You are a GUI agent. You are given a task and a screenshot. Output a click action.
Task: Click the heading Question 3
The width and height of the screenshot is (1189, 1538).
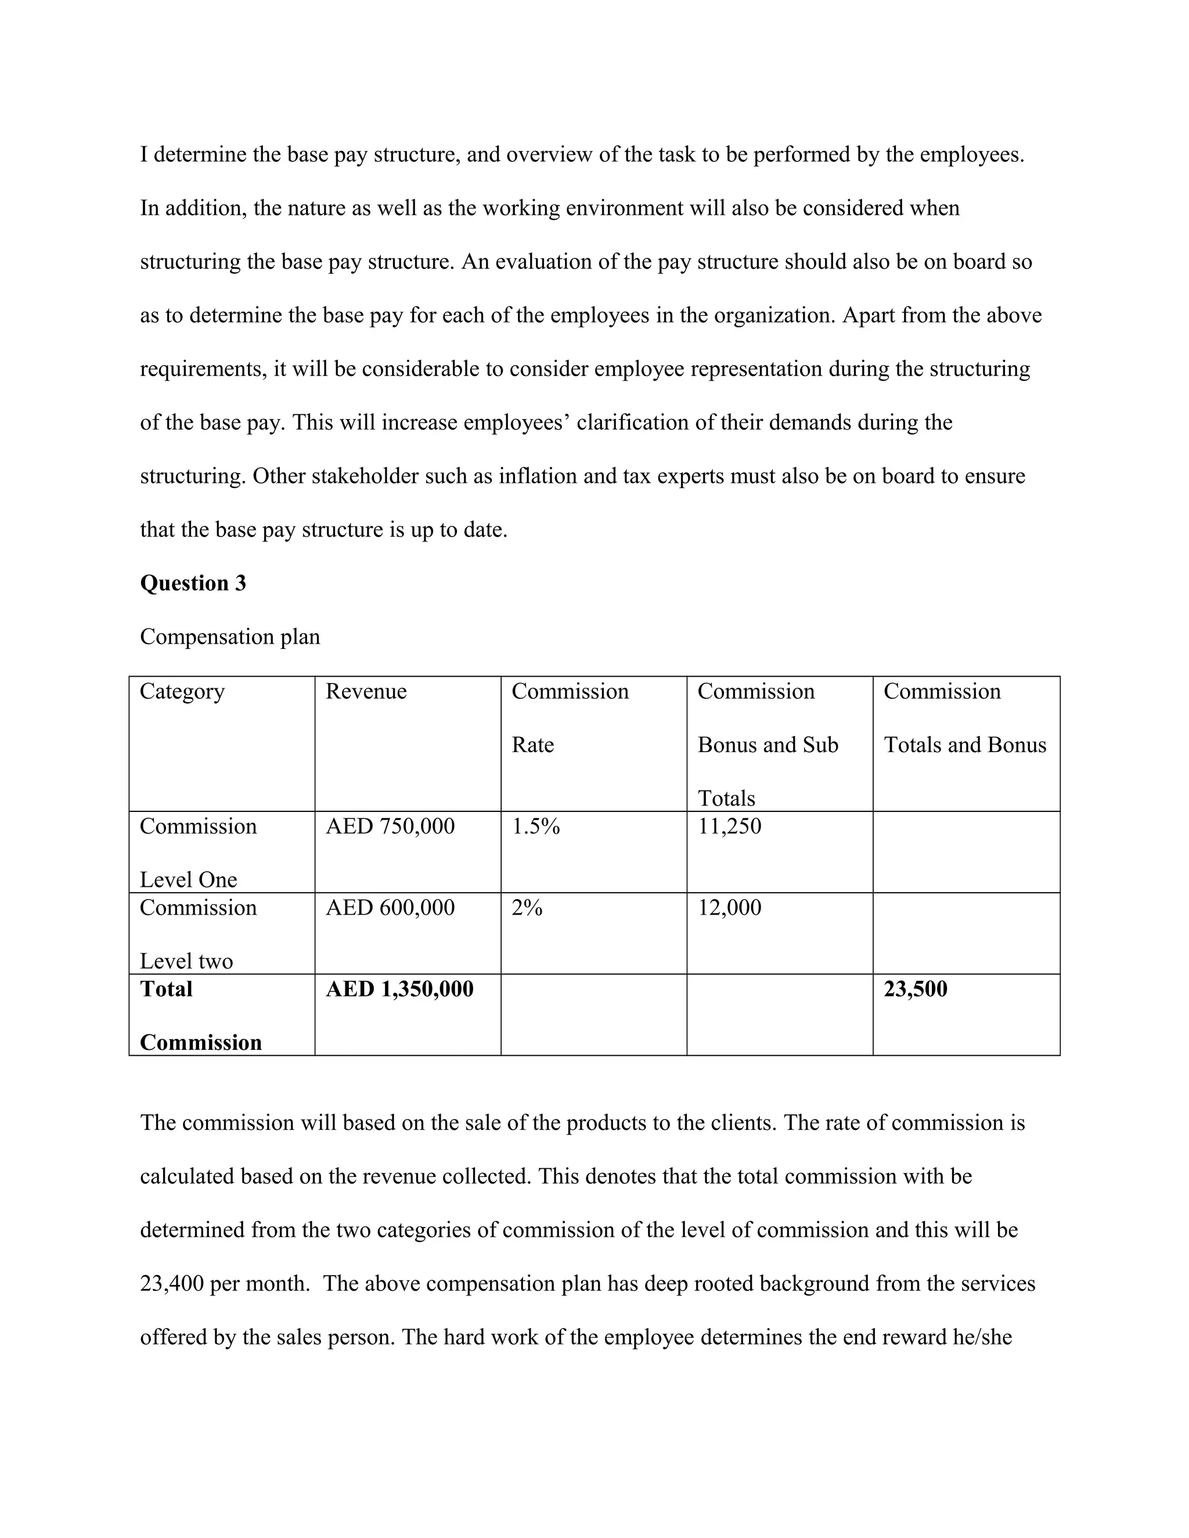point(193,583)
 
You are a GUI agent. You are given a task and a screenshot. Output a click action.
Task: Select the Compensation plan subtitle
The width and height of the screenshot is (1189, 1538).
point(230,637)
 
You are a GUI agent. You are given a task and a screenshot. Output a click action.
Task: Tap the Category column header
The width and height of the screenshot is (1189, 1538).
point(182,692)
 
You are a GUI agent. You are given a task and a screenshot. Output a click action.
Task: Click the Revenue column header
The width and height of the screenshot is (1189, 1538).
point(366,692)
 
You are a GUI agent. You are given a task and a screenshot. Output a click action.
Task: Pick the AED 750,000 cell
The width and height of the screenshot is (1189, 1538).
point(390,826)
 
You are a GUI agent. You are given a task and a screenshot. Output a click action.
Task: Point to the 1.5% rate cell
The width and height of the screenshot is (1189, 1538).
point(535,826)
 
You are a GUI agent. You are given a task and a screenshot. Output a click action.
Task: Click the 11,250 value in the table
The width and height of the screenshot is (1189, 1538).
point(729,826)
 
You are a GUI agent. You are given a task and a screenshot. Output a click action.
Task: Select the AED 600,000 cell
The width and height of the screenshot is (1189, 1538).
point(390,908)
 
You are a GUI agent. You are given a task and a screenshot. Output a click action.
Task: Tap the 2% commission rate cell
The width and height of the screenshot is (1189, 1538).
point(527,908)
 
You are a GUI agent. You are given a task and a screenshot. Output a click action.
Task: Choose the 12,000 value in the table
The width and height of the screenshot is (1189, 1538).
point(729,908)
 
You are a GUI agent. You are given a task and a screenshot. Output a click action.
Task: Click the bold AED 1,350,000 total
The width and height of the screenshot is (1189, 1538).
point(399,990)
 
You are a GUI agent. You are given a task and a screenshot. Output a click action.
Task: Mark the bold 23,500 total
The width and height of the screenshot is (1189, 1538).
point(915,990)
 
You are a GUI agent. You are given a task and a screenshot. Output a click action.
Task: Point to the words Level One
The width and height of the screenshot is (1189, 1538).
point(188,879)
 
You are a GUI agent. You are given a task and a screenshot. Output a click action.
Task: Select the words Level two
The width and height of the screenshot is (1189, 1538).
point(186,961)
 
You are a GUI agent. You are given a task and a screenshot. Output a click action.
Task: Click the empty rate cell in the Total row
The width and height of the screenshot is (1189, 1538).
point(593,1014)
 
